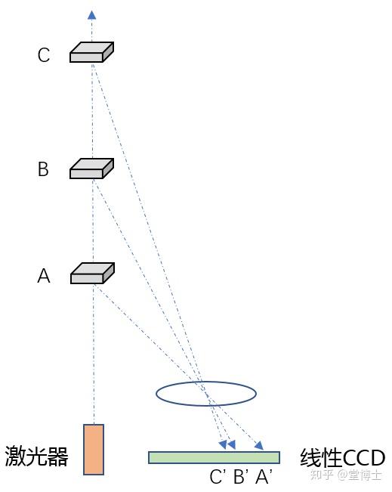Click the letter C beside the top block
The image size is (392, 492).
[44, 55]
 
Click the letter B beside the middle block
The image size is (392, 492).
[43, 169]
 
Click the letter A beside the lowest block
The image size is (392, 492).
[44, 276]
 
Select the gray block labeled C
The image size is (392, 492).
[91, 52]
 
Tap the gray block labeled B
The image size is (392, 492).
[91, 169]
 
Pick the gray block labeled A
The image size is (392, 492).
[92, 274]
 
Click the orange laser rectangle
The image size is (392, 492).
[94, 450]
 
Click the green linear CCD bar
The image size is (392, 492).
[214, 457]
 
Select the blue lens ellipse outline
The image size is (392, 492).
[206, 382]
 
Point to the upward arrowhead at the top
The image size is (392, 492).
[91, 14]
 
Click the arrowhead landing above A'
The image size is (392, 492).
[259, 445]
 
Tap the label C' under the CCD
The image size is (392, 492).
[218, 477]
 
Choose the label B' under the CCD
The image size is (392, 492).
[241, 477]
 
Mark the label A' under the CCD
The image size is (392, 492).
[264, 477]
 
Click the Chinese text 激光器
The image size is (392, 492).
[36, 456]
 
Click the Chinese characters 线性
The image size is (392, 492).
[321, 458]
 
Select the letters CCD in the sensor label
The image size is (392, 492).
[363, 458]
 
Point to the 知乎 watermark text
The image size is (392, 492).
[322, 475]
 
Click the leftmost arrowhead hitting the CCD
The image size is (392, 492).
[223, 444]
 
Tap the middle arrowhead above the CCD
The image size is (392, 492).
[231, 444]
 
